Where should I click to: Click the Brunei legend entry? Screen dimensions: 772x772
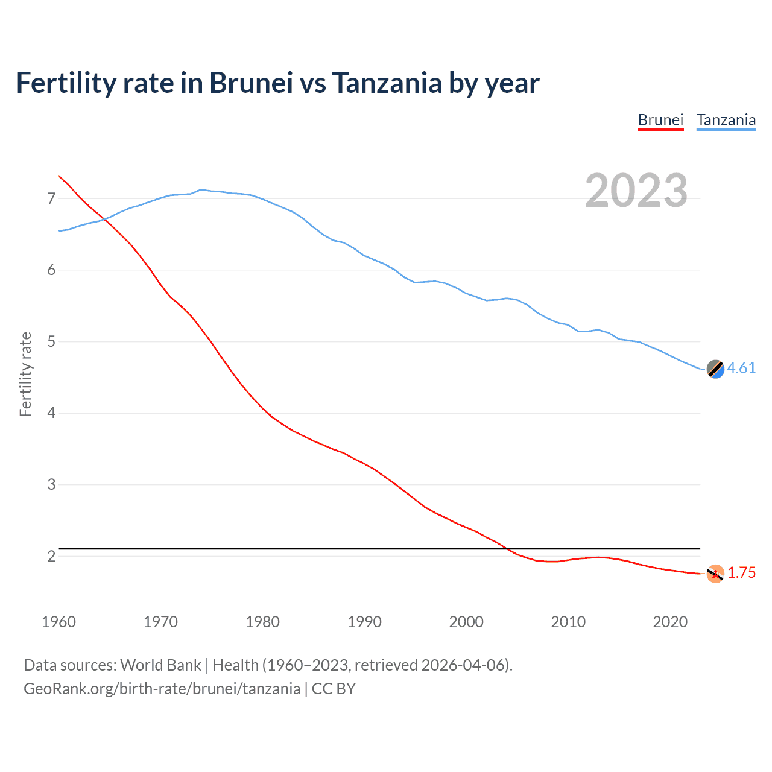click(x=660, y=120)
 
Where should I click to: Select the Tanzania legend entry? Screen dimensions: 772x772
click(x=726, y=120)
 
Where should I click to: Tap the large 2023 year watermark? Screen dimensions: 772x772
click(x=636, y=191)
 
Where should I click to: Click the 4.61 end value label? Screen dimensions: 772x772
click(x=741, y=368)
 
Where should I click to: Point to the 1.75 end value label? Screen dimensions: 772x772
click(x=741, y=572)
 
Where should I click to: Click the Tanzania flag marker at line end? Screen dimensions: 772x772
click(x=715, y=369)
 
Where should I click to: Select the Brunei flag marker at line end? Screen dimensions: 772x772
click(x=715, y=574)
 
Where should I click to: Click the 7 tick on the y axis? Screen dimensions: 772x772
click(x=51, y=198)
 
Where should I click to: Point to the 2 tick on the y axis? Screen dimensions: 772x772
click(x=51, y=556)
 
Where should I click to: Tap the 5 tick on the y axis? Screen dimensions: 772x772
click(x=51, y=341)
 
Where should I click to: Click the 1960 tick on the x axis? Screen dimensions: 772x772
click(x=59, y=622)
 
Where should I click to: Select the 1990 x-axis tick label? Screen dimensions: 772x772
click(x=364, y=622)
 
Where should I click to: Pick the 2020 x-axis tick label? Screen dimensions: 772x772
click(x=670, y=622)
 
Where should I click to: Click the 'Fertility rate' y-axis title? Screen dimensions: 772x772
click(x=25, y=374)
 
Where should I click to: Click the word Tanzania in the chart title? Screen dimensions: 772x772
click(x=387, y=83)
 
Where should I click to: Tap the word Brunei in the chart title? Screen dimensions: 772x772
click(x=251, y=83)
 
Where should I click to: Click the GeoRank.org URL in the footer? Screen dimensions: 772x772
click(x=162, y=688)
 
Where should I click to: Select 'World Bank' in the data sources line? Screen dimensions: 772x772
click(x=160, y=665)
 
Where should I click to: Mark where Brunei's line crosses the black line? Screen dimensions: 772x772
click(x=507, y=548)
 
